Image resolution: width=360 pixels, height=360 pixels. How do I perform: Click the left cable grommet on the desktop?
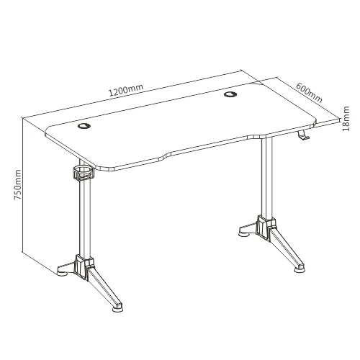pos(84,127)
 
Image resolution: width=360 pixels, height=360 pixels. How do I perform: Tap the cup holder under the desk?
pos(83,173)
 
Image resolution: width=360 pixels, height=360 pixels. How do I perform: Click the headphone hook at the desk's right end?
pos(304,136)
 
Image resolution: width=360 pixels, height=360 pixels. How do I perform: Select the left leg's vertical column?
pos(84,216)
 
